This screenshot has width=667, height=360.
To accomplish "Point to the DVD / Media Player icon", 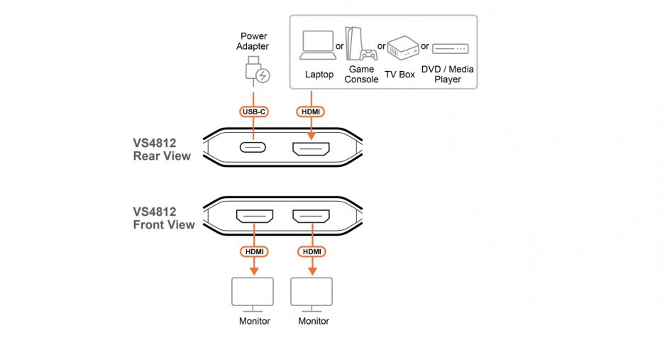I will click(450, 48).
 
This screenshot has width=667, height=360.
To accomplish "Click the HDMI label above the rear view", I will click(310, 111).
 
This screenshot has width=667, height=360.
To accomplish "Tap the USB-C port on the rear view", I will click(253, 150).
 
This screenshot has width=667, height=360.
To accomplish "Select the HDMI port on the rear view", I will click(310, 150).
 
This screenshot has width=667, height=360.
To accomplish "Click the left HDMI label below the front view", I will click(254, 252).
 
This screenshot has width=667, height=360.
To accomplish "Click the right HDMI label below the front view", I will click(312, 252).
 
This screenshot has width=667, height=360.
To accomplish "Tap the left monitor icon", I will click(253, 293).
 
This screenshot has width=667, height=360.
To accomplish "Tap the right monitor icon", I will click(313, 293).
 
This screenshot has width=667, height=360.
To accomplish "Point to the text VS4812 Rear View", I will click(162, 149).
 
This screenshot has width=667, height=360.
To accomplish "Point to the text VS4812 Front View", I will click(163, 218).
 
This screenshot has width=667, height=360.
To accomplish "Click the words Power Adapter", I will click(253, 41).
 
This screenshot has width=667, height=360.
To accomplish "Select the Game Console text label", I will click(361, 75).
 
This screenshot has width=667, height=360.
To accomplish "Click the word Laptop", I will click(319, 75).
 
